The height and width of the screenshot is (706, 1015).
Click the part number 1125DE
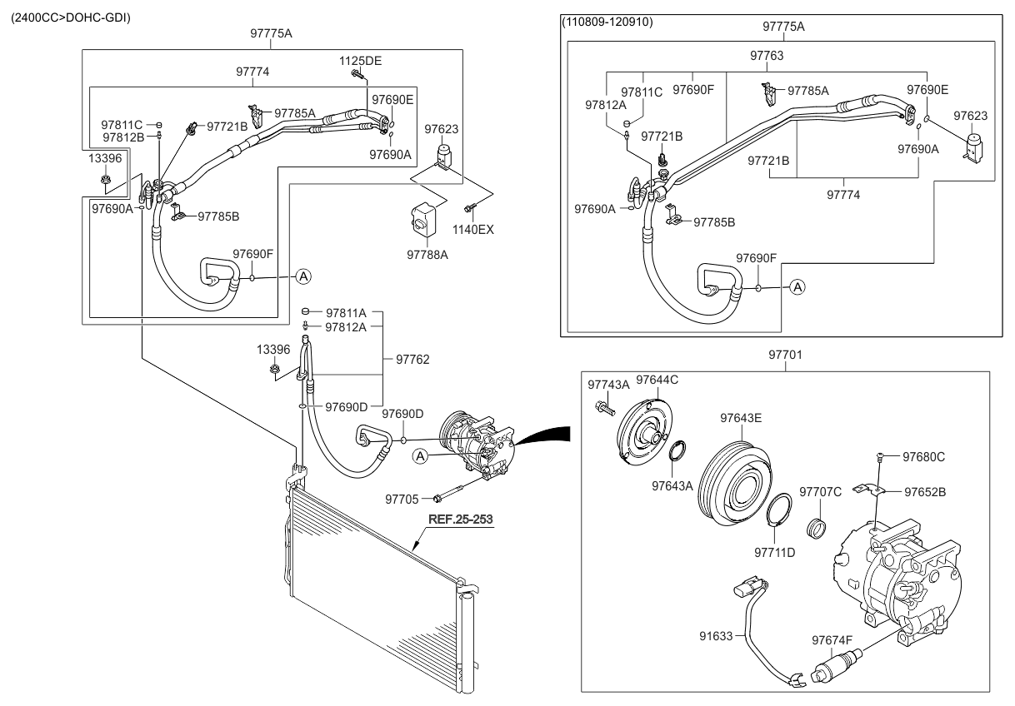pyautogui.click(x=360, y=61)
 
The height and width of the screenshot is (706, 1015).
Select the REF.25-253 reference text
pyautogui.click(x=460, y=519)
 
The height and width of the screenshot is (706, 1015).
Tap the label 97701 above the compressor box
pyautogui.click(x=784, y=355)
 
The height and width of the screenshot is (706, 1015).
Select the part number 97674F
pyautogui.click(x=832, y=640)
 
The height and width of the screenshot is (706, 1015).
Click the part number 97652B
pyautogui.click(x=925, y=491)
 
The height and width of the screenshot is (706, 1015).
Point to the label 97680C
pyautogui.click(x=925, y=456)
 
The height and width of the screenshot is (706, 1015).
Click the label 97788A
pyautogui.click(x=427, y=255)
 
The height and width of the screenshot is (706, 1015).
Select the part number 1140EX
pyautogui.click(x=473, y=229)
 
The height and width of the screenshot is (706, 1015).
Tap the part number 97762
pyautogui.click(x=412, y=360)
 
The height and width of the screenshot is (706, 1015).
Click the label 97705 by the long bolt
pyautogui.click(x=402, y=499)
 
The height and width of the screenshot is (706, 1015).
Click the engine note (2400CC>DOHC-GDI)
pyautogui.click(x=70, y=17)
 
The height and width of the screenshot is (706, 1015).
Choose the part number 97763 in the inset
pyautogui.click(x=767, y=55)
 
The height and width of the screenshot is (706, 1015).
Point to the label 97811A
pyautogui.click(x=346, y=311)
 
